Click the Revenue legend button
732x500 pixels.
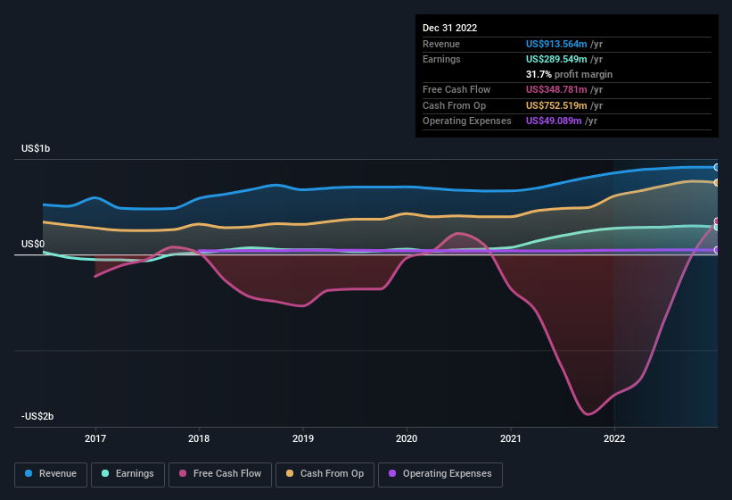[51, 473]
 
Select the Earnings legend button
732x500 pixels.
[128, 473]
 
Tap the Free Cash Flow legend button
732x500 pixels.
[220, 473]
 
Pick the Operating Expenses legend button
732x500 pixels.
[440, 473]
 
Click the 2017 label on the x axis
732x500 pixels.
[95, 438]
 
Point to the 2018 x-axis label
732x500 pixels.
[199, 438]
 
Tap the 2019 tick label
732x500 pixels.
[303, 438]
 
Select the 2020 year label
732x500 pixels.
[407, 438]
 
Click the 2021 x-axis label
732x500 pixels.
[511, 438]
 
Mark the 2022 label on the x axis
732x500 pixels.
[614, 438]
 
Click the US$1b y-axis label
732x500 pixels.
[37, 148]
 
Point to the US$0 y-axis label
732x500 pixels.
[33, 244]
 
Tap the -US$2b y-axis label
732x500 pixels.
[38, 417]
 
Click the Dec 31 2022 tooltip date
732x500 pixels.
[450, 28]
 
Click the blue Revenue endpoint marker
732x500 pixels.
[716, 167]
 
